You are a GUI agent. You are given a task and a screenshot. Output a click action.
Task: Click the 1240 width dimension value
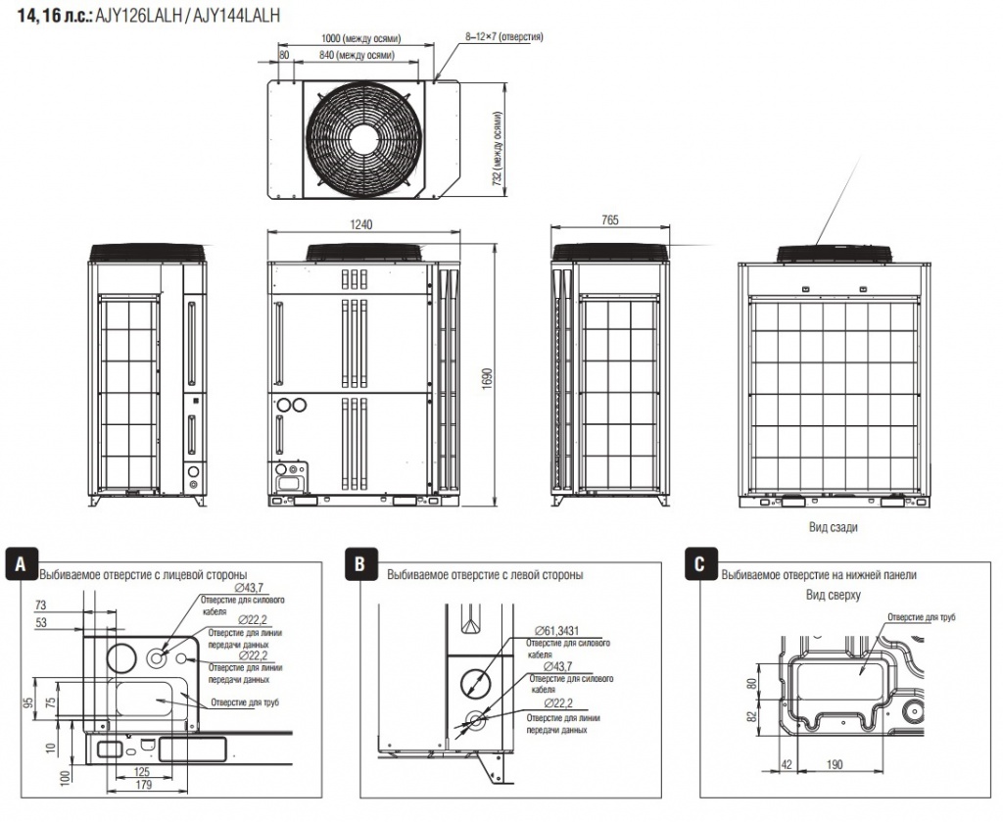tap(361, 224)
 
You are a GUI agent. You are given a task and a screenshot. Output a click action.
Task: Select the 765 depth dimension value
tap(610, 220)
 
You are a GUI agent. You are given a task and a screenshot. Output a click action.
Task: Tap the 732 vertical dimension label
tap(497, 149)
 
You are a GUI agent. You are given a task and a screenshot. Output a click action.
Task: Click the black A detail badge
tap(22, 563)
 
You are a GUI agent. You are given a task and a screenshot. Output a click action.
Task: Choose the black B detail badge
tap(360, 563)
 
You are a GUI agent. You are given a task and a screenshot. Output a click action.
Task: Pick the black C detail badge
tap(699, 563)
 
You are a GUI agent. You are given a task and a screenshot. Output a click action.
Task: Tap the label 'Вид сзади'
tap(833, 527)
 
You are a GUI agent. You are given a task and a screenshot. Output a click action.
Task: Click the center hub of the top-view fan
tap(363, 139)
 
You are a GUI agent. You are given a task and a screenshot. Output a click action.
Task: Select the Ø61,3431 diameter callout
tap(552, 631)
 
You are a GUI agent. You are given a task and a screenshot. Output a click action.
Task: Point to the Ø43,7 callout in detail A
tap(249, 588)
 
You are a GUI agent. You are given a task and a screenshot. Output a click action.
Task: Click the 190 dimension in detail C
tap(835, 764)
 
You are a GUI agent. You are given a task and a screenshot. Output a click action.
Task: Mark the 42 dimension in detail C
tap(787, 764)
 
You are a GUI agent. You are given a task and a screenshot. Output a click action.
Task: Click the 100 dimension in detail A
tap(64, 777)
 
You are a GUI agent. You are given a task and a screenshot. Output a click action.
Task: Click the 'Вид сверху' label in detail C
tap(833, 595)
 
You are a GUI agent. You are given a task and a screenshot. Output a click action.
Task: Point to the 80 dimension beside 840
tap(284, 55)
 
